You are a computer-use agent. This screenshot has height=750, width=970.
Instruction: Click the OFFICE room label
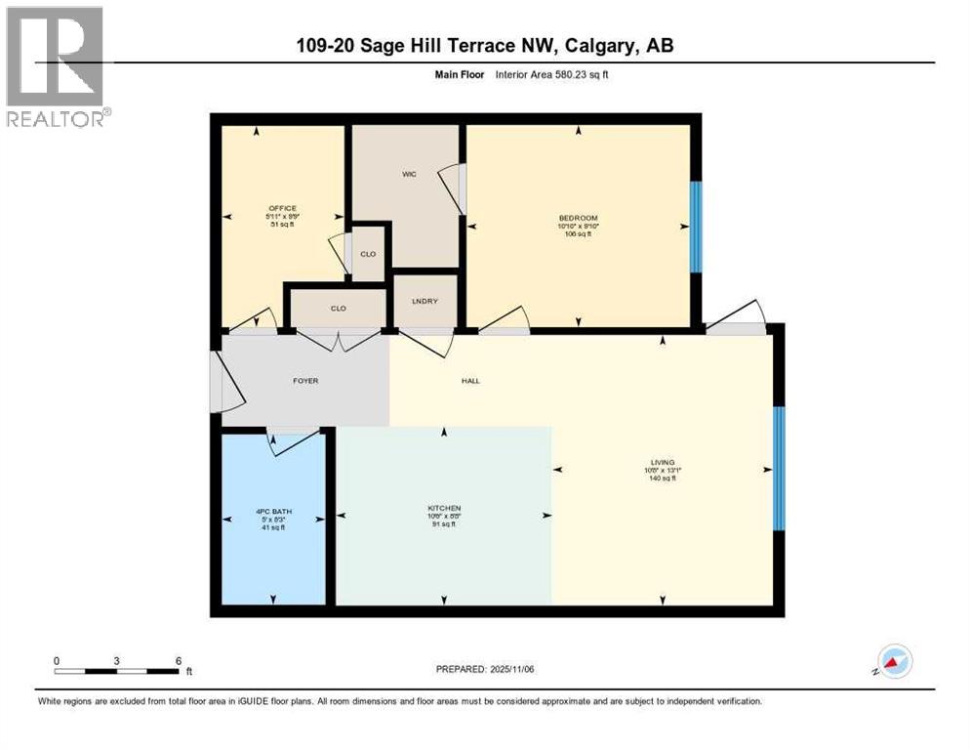pos(282,208)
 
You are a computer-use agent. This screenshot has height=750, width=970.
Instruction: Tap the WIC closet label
pos(409,175)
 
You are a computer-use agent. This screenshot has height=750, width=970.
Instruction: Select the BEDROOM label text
pos(578,218)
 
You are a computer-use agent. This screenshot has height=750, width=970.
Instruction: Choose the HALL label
pos(470,380)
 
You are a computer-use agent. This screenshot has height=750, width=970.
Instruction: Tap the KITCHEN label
pos(444,508)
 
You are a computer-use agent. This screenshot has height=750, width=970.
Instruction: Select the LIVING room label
pos(664,462)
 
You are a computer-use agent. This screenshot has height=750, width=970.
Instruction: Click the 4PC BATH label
pos(275,512)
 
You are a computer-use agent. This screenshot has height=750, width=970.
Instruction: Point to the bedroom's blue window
pos(695,227)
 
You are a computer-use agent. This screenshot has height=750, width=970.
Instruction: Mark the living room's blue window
pos(779,469)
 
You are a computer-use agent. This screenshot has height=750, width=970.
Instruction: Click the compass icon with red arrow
pos(894,661)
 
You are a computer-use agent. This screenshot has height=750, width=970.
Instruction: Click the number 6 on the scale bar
pos(178,660)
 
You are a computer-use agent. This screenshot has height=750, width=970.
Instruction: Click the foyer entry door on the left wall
pos(228,381)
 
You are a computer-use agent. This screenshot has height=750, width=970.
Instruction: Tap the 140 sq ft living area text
pos(663,478)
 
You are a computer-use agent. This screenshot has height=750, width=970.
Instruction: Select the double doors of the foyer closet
pos(338,340)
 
